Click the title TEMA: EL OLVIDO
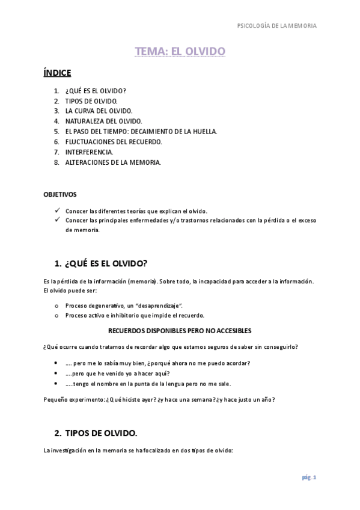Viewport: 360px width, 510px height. [x=180, y=52]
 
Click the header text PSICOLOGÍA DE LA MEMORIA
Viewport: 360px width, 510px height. [x=277, y=26]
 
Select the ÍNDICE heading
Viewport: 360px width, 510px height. [x=57, y=73]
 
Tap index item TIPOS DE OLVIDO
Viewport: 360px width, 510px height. [x=91, y=101]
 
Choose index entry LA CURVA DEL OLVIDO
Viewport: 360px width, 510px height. [x=99, y=111]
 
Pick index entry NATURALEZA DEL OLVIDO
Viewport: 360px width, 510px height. [x=103, y=121]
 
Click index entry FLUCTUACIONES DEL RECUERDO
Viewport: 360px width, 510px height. [x=114, y=142]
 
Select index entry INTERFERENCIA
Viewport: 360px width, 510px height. [x=89, y=152]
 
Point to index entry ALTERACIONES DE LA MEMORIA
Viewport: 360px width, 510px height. [x=113, y=162]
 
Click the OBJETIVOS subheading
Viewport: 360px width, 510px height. [x=60, y=195]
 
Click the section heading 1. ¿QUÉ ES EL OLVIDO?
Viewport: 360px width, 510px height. [x=100, y=263]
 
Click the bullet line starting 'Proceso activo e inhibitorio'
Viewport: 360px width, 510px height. [x=135, y=315]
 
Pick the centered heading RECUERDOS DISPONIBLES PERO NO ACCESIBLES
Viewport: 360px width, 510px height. [x=180, y=331]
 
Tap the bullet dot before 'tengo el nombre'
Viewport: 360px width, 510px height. [x=56, y=383]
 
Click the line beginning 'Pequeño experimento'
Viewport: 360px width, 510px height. [x=159, y=399]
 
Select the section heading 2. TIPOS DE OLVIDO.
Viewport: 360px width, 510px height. [x=96, y=433]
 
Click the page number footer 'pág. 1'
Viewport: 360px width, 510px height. [x=309, y=478]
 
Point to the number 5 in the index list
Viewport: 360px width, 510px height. [x=56, y=132]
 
